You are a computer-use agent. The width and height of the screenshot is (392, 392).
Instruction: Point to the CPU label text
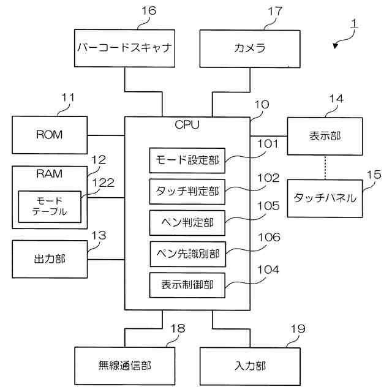(187, 125)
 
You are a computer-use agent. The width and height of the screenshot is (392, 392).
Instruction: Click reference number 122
(104, 183)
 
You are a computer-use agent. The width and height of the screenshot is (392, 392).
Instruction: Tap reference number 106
(269, 237)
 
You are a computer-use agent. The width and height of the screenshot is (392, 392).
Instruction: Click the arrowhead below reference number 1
(336, 46)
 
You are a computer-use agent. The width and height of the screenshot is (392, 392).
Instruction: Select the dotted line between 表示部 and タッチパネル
(325, 167)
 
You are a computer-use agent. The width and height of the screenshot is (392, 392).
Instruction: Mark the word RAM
(49, 174)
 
